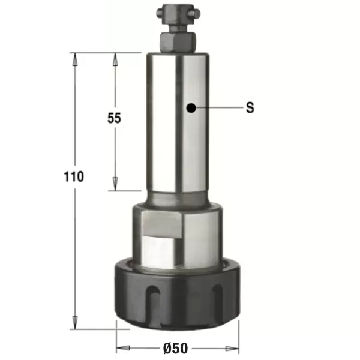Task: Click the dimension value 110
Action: pyautogui.click(x=74, y=176)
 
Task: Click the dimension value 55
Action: pyautogui.click(x=114, y=118)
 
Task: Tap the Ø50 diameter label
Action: pyautogui.click(x=176, y=348)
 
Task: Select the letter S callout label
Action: pyautogui.click(x=250, y=107)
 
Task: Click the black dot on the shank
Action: pyautogui.click(x=191, y=107)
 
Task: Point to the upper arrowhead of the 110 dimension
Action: pyautogui.click(x=75, y=59)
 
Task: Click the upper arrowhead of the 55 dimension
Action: pyautogui.click(x=115, y=59)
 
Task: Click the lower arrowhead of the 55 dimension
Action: pyautogui.click(x=115, y=184)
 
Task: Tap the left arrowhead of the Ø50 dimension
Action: pyautogui.click(x=123, y=348)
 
